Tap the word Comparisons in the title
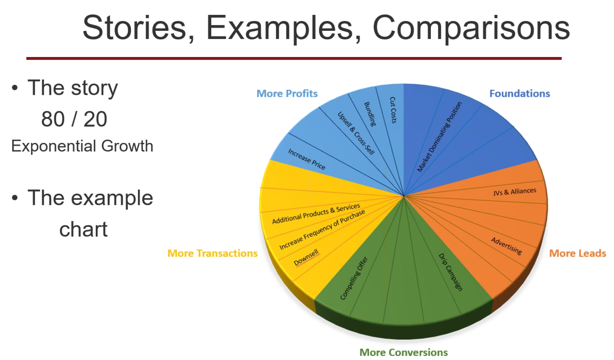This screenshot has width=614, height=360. click(x=471, y=29)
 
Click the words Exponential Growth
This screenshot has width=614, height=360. click(x=82, y=146)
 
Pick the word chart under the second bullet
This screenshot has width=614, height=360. click(x=83, y=229)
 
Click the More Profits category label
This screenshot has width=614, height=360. click(x=287, y=94)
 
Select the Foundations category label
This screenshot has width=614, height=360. click(x=520, y=94)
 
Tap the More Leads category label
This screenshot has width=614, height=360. click(x=578, y=253)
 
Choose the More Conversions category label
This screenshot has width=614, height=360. click(x=403, y=352)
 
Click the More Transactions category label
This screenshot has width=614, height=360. click(x=212, y=253)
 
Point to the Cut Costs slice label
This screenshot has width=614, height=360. click(x=393, y=110)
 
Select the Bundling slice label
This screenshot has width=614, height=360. click(x=370, y=114)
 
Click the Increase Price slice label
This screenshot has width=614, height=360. click(x=307, y=159)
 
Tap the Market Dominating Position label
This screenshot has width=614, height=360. click(x=439, y=137)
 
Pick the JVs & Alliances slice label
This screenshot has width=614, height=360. click(x=514, y=191)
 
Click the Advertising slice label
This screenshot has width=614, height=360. click(x=507, y=246)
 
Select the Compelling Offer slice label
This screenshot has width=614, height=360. click(x=354, y=278)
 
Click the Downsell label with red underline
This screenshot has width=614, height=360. click(x=306, y=258)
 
